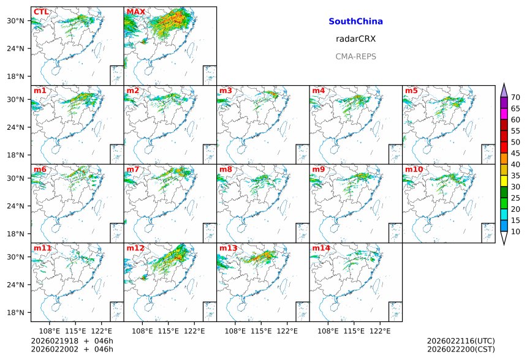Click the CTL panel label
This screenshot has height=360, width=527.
tap(41, 12)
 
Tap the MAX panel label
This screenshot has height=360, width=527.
tap(135, 12)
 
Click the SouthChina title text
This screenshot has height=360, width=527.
tap(355, 21)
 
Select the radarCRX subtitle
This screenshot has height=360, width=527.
tap(355, 39)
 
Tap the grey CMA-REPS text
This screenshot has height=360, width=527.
tap(355, 56)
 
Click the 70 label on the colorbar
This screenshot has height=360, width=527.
tap(515, 97)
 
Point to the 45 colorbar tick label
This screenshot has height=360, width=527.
tap(515, 154)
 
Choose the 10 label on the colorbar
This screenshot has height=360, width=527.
tap(515, 231)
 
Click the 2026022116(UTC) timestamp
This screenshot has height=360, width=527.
tap(460, 340)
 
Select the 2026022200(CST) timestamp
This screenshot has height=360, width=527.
tap(460, 349)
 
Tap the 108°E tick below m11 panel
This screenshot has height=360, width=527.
tap(50, 331)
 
